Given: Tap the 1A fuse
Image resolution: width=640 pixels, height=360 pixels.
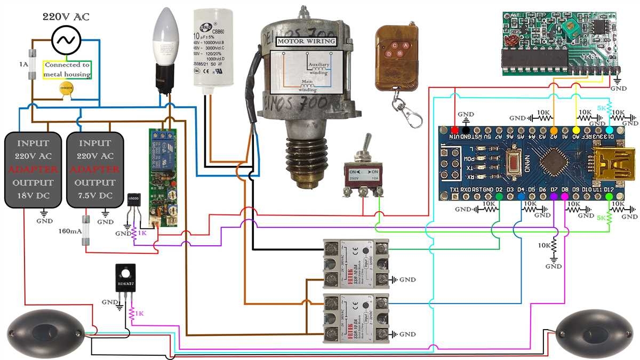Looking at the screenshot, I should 34,63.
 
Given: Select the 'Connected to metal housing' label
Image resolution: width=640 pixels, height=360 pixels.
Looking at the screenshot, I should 67,69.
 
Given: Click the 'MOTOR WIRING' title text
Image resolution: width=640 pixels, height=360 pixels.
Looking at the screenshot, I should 307,42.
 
